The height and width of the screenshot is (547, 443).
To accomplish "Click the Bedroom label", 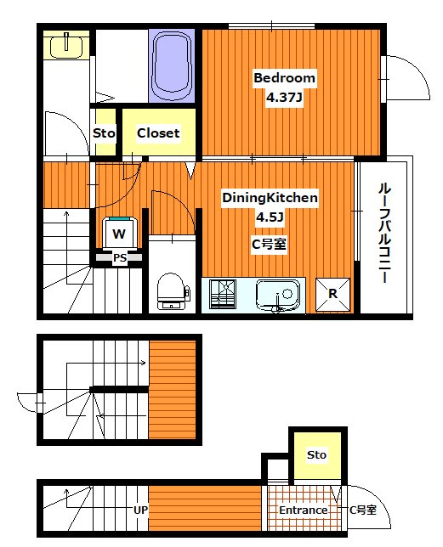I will click(x=285, y=78).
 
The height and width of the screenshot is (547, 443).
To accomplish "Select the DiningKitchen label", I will click(x=270, y=198).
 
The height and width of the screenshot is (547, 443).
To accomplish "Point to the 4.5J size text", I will click(x=270, y=217).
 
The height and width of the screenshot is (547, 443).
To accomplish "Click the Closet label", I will click(x=158, y=133).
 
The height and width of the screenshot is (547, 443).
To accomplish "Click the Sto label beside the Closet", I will click(x=104, y=133).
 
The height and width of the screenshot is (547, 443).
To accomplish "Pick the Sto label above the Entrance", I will click(x=316, y=455).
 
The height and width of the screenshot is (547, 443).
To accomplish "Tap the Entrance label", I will click(x=304, y=510).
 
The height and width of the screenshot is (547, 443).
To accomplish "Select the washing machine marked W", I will click(x=120, y=232).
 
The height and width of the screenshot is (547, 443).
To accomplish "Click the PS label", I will click(x=120, y=257).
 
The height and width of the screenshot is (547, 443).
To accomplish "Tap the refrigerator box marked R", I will click(x=333, y=295).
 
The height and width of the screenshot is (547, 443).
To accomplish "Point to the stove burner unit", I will click(x=225, y=296).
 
